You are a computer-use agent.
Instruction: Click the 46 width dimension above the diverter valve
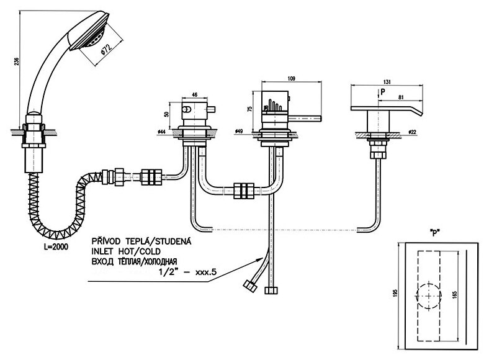coord(194,94)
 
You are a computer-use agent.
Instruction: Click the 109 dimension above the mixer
coord(291,78)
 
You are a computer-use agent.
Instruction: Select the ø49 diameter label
coord(240,132)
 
